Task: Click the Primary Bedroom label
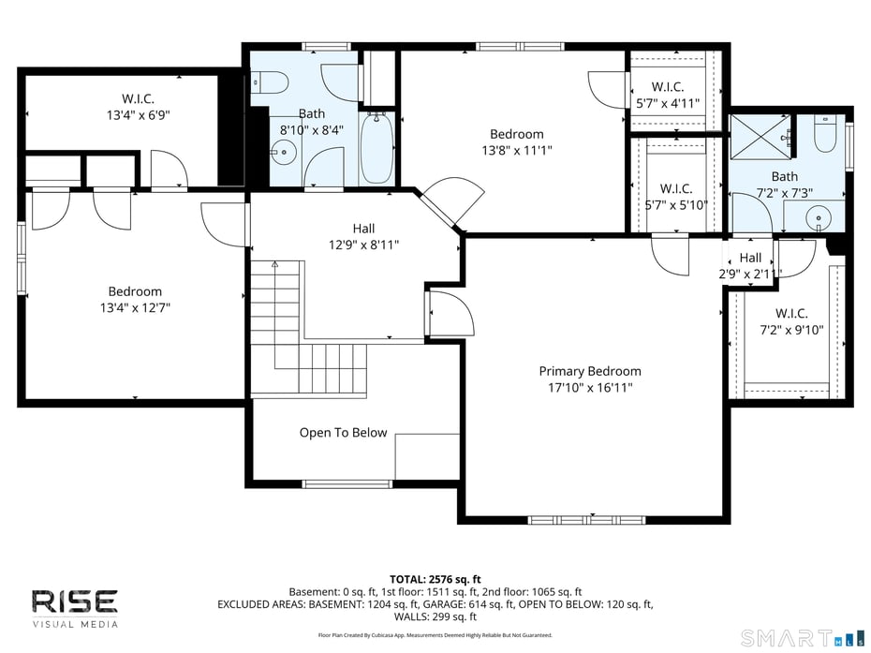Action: point(590,371)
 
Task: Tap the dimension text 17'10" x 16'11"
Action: point(590,387)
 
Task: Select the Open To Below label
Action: point(343,433)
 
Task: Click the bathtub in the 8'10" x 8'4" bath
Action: point(376,148)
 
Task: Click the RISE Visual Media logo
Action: point(75,607)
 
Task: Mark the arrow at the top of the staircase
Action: point(274,266)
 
